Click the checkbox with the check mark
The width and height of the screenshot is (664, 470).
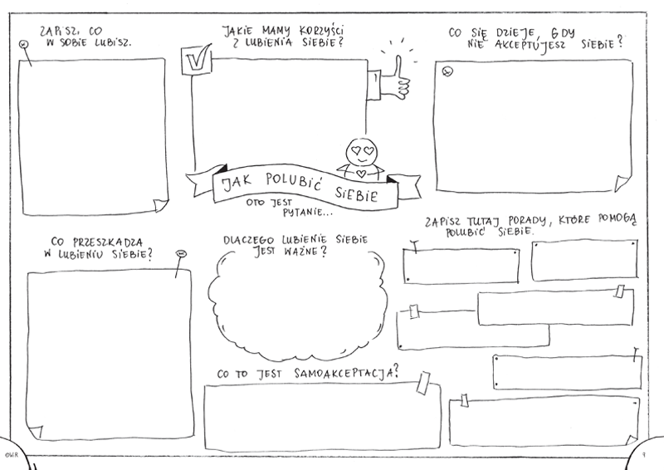coord(197,60)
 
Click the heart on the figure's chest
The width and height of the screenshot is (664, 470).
coord(361,173)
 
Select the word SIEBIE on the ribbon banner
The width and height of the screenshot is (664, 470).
coord(356,194)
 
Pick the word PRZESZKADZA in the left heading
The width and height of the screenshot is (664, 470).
coord(108,242)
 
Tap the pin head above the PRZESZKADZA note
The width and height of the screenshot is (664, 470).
coord(181,254)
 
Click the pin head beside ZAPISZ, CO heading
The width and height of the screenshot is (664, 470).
coord(24,44)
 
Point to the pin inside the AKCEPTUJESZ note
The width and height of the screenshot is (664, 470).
coord(447,71)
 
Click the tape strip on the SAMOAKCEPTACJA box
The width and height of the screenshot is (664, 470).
coord(423,383)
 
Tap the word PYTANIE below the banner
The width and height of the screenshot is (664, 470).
coord(302,212)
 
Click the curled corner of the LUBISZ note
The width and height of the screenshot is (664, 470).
coord(160,205)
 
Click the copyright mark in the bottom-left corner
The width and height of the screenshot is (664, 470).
coord(9,455)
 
